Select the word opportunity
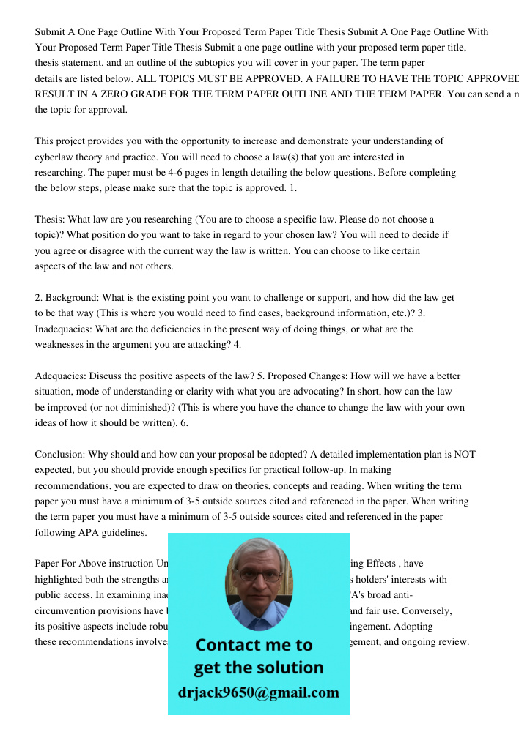point(203,141)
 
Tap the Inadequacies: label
point(64,329)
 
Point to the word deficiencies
point(189,329)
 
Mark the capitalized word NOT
point(465,454)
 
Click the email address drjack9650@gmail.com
point(259,692)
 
